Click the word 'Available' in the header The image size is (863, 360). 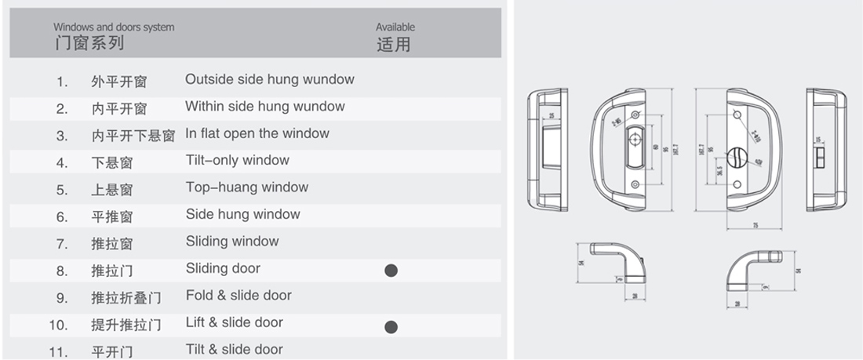click(395, 27)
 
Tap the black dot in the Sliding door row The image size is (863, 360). click(391, 271)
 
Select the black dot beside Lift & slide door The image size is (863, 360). click(391, 326)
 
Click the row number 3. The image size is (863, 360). click(62, 136)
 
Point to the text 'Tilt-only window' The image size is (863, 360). click(237, 161)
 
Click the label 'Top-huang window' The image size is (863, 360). click(246, 187)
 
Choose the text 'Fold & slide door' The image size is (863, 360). click(238, 296)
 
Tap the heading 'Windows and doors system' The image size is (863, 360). click(114, 27)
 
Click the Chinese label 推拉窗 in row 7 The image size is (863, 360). click(112, 245)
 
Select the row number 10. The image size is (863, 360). click(58, 325)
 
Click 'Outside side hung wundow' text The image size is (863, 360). click(269, 79)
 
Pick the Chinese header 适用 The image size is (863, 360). click(393, 44)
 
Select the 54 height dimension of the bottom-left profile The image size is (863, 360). click(582, 264)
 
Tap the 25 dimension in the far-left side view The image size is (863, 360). click(551, 116)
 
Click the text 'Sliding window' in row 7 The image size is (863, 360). click(232, 242)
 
